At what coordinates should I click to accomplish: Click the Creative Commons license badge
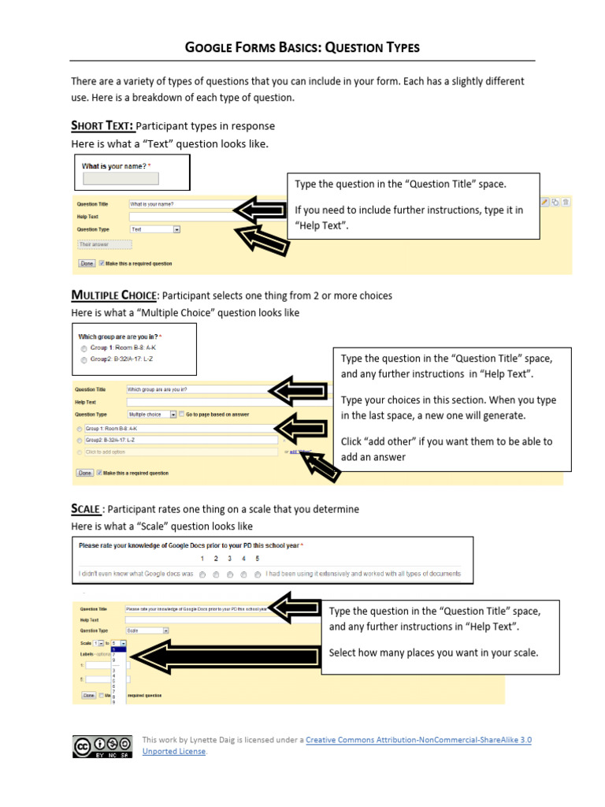click(x=102, y=746)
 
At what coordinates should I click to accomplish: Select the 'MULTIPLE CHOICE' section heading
click(x=114, y=296)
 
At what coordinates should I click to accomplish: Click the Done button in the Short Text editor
click(x=87, y=263)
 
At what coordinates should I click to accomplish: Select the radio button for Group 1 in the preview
click(x=84, y=348)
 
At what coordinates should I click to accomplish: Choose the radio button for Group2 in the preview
click(x=84, y=359)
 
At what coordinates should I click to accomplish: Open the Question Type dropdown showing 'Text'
click(x=155, y=229)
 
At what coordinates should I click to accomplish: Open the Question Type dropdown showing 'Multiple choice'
click(x=150, y=414)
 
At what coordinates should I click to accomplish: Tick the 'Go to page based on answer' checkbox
click(x=183, y=414)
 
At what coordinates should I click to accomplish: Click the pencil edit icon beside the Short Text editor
click(x=544, y=203)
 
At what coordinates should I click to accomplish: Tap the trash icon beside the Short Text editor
click(x=566, y=203)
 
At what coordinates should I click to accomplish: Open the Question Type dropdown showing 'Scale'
click(x=147, y=630)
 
